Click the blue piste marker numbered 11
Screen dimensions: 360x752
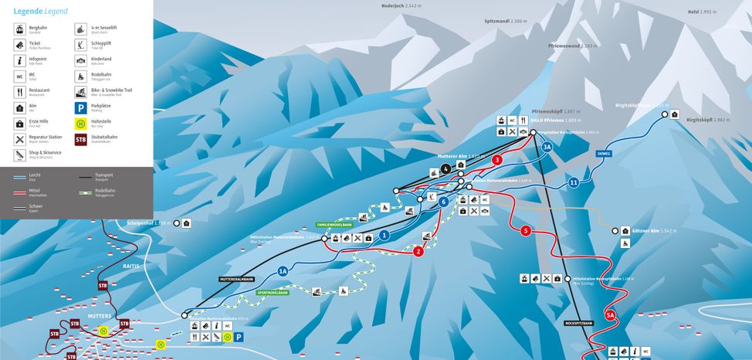tap(573, 183)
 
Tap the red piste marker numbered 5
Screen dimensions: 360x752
tap(526, 230)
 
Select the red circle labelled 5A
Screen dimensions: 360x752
tap(610, 315)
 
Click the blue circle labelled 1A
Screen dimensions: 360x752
tap(283, 271)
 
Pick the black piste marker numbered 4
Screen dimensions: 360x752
tap(445, 169)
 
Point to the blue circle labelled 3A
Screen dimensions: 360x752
tap(547, 147)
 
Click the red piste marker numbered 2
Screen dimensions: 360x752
tap(418, 252)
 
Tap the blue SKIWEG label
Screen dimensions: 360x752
tap(603, 154)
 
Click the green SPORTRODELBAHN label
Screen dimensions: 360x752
tap(273, 293)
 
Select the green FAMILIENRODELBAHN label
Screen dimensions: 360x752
tap(334, 224)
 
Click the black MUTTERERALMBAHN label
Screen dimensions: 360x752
tap(236, 279)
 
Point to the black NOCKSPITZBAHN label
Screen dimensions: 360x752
tap(579, 323)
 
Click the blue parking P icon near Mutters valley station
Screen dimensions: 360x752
tap(239, 338)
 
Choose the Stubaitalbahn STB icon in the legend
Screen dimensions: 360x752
tap(81, 140)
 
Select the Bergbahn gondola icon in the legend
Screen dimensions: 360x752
tap(19, 29)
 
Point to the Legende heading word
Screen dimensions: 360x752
tap(22, 11)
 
